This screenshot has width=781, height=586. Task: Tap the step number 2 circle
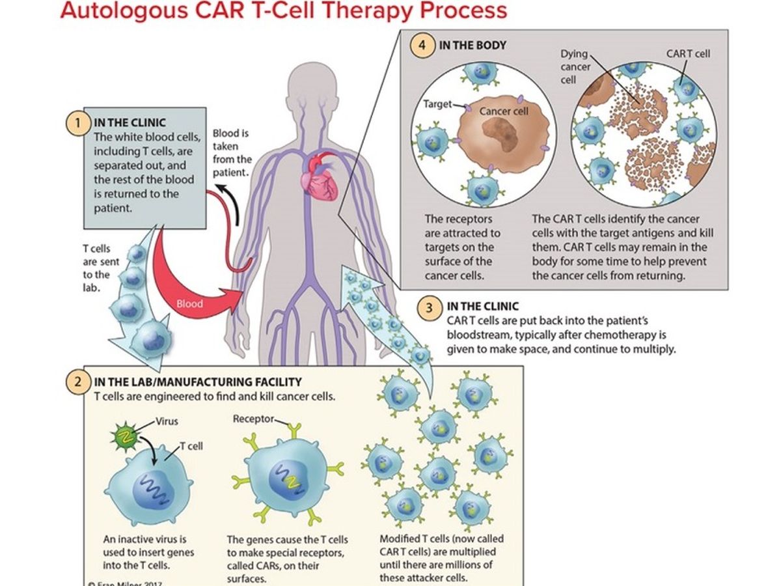78,382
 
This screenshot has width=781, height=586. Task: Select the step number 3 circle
428,308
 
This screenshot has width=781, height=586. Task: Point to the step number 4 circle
423,47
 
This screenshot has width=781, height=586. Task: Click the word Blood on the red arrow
190,303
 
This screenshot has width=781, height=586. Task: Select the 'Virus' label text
167,421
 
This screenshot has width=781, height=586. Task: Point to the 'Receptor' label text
254,419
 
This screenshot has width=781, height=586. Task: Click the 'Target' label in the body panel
437,104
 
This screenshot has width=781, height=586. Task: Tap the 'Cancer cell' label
504,111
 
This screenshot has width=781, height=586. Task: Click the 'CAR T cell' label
688,53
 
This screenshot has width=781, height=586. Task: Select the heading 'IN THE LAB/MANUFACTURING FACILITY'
198,382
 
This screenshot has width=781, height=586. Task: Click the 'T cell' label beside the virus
191,446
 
